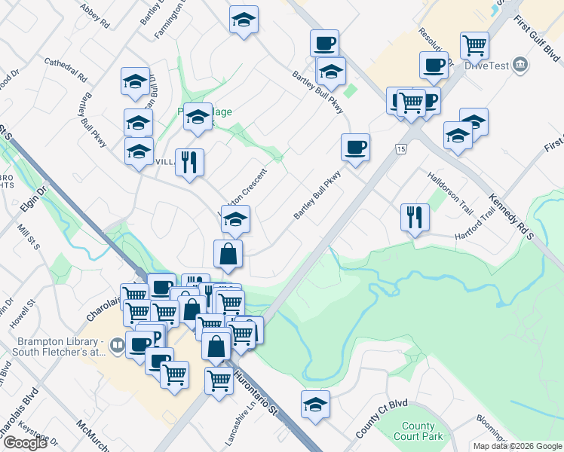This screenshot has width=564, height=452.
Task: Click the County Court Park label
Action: pos(418,431)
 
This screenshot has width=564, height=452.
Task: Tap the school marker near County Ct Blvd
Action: pos(316,405)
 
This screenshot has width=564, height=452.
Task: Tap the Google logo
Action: pos(25,443)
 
